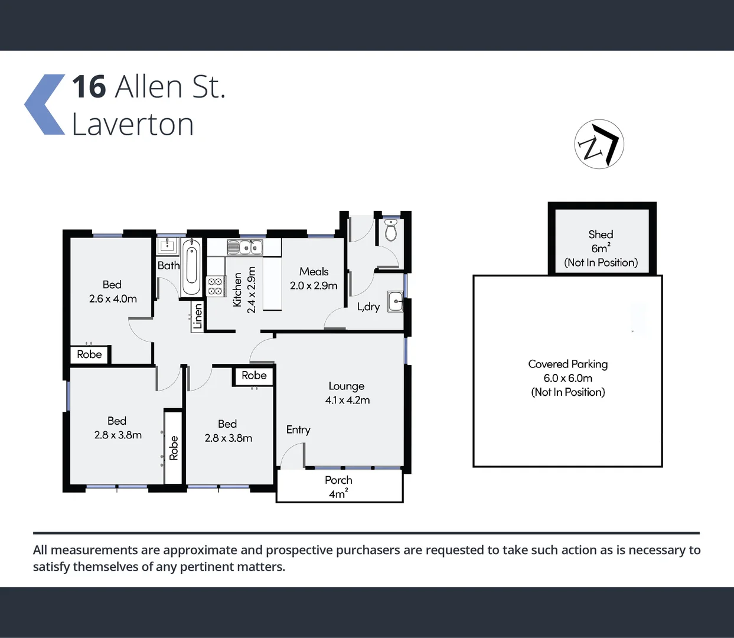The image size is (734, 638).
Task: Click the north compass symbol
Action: (599, 144)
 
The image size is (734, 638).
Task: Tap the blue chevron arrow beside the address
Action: (45, 105)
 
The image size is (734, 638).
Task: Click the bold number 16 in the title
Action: (89, 87)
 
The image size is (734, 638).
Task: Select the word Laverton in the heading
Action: (132, 125)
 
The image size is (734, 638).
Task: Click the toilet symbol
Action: (390, 230)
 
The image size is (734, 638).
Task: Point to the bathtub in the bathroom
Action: (191, 267)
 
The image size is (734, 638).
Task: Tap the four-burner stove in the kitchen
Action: (215, 287)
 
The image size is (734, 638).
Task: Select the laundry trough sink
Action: (395, 301)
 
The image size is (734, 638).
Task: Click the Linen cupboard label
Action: (198, 316)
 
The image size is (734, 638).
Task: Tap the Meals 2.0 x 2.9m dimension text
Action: (314, 285)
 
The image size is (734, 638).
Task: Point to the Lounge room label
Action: (347, 386)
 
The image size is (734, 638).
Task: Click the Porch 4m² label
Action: (338, 487)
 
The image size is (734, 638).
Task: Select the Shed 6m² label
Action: (601, 242)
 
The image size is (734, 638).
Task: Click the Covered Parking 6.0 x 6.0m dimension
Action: (567, 378)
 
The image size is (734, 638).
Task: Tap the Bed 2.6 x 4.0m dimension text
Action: (113, 299)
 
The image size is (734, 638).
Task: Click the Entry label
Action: (298, 429)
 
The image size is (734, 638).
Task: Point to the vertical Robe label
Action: (174, 448)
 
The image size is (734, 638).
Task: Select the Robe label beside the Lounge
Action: (254, 376)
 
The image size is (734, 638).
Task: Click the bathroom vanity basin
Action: (167, 245)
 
